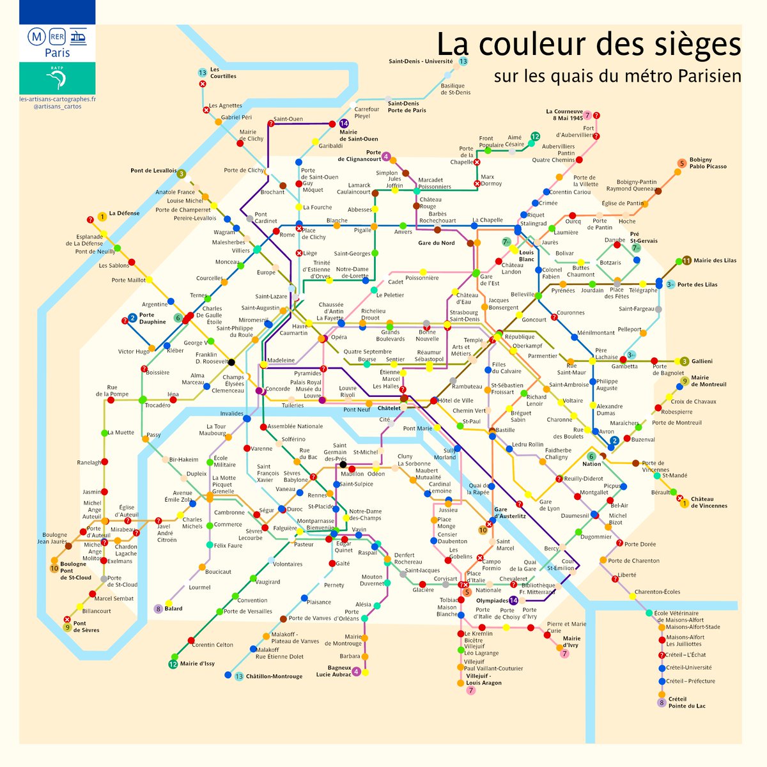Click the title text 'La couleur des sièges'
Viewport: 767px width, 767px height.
[x=588, y=45]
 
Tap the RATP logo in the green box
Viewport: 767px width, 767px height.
[x=58, y=78]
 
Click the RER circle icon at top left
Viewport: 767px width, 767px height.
[x=57, y=36]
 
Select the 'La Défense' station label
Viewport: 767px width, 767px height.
[x=124, y=213]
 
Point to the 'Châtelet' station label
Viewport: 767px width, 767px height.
[x=389, y=408]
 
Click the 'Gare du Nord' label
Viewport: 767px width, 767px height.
[x=437, y=243]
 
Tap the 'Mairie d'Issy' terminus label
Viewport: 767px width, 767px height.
[x=198, y=663]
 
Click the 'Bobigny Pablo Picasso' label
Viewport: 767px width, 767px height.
[x=708, y=163]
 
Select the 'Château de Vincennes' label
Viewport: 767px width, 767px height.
[x=709, y=502]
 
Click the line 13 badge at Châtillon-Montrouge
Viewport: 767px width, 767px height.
[x=239, y=677]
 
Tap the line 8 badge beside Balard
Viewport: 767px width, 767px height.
[x=159, y=608]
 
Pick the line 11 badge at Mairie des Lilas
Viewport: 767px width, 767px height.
[x=686, y=260]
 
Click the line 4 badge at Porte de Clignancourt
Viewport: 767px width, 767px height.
[x=386, y=156]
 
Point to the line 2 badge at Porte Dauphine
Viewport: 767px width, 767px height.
[x=132, y=318]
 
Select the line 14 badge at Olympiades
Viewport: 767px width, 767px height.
[x=513, y=600]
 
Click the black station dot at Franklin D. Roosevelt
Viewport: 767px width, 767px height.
[x=231, y=362]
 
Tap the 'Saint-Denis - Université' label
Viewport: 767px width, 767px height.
[x=421, y=61]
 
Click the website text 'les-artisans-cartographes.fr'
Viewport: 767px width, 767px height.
[x=58, y=99]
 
